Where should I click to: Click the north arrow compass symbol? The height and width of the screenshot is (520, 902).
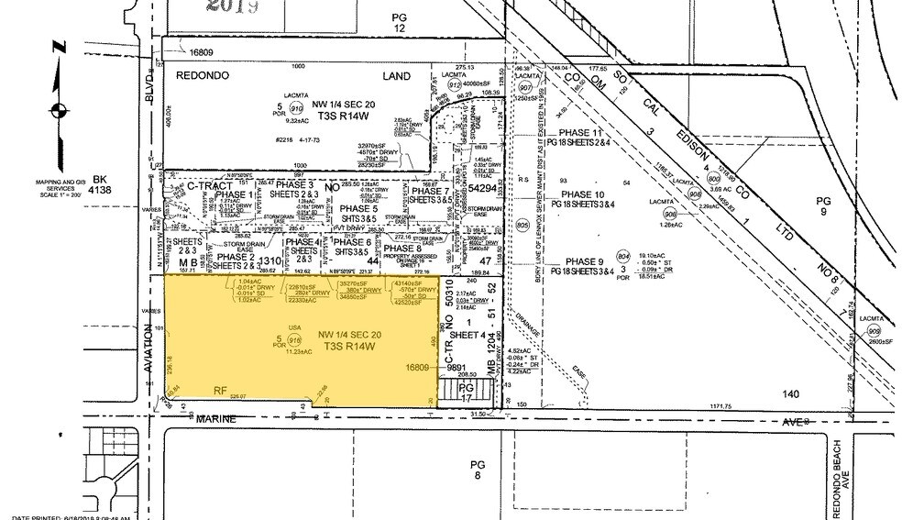pyautogui.click(x=58, y=110)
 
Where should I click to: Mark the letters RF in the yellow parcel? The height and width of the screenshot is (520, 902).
pyautogui.click(x=220, y=391)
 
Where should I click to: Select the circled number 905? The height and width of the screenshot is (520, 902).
pyautogui.click(x=522, y=224)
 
